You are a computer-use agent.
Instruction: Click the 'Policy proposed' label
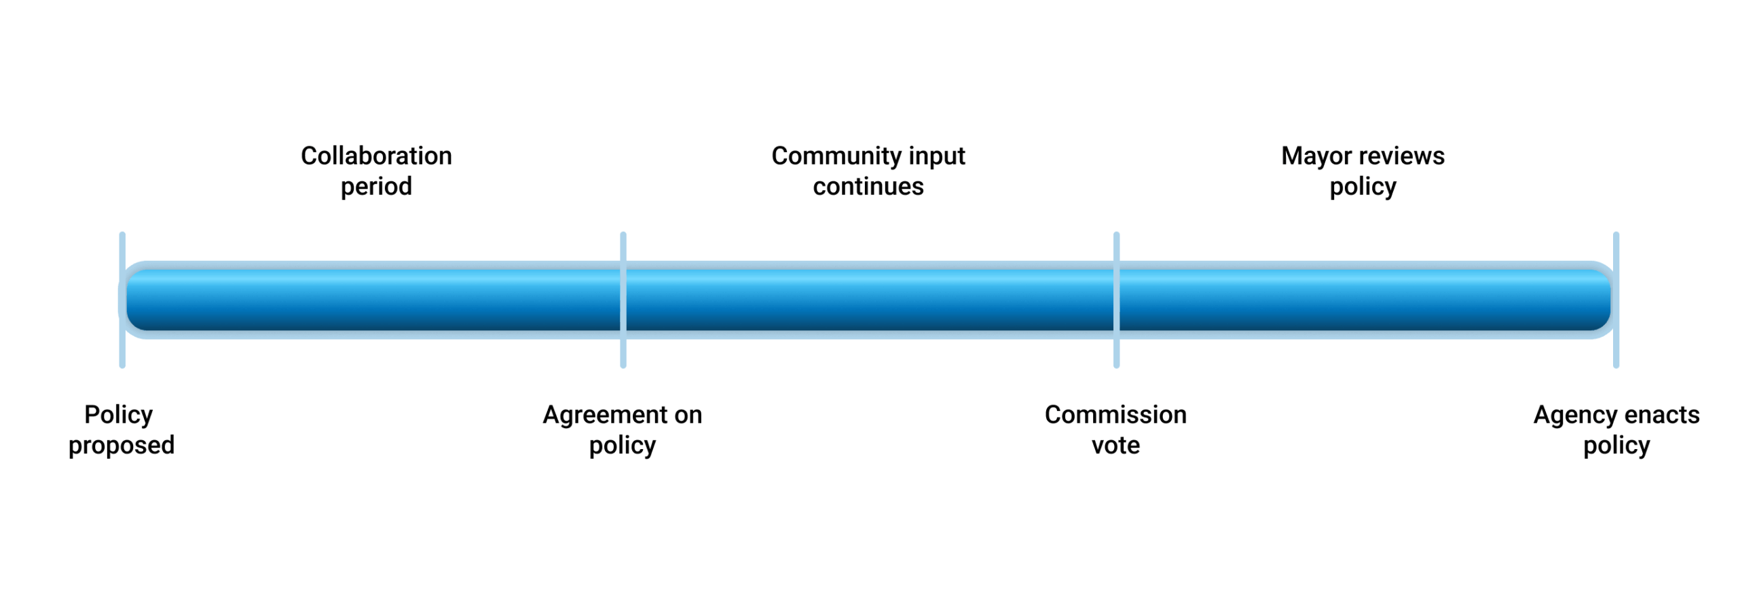click(x=121, y=429)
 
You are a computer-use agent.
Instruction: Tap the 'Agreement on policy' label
click(x=622, y=429)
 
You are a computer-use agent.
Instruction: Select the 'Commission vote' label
click(x=1115, y=429)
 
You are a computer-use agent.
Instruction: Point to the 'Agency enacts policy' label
click(x=1615, y=429)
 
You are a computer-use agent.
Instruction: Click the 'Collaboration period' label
click(x=376, y=171)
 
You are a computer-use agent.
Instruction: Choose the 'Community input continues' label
click(x=868, y=171)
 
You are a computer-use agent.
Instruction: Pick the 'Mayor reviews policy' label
click(x=1362, y=171)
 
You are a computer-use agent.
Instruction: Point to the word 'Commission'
click(x=1115, y=414)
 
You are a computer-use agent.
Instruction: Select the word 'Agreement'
click(x=595, y=415)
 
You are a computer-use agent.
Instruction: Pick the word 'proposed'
click(x=122, y=446)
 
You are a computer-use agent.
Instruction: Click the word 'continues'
click(x=868, y=186)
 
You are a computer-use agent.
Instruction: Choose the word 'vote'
click(x=1115, y=446)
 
